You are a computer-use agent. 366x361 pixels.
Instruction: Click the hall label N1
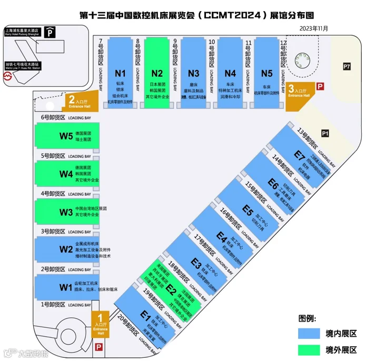click(x=121, y=73)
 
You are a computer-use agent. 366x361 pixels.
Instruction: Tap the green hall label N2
click(x=157, y=73)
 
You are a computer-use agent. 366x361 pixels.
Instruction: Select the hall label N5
click(x=267, y=73)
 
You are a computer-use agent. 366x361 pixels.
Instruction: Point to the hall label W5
click(x=66, y=136)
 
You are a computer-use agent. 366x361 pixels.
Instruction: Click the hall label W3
click(x=66, y=212)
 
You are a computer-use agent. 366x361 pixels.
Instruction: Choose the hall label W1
click(x=65, y=287)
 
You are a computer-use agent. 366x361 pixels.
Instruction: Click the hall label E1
click(x=145, y=315)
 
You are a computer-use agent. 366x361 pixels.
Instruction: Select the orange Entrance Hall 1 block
click(x=99, y=324)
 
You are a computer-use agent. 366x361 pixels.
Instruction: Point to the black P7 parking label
click(x=346, y=67)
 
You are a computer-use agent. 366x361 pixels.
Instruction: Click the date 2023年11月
click(x=313, y=28)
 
